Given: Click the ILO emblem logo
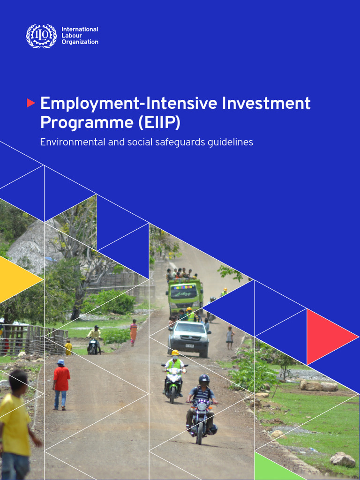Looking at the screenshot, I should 41,36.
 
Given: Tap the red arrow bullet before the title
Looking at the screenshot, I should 31,103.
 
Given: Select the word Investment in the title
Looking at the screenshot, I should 266,103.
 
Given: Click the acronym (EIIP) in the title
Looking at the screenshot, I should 159,122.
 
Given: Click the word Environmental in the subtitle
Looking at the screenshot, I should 72,142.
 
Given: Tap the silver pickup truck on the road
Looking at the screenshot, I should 188,337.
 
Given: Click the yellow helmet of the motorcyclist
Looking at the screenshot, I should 175,352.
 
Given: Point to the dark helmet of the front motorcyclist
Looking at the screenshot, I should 203,379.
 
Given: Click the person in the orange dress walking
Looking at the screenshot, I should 134,332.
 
